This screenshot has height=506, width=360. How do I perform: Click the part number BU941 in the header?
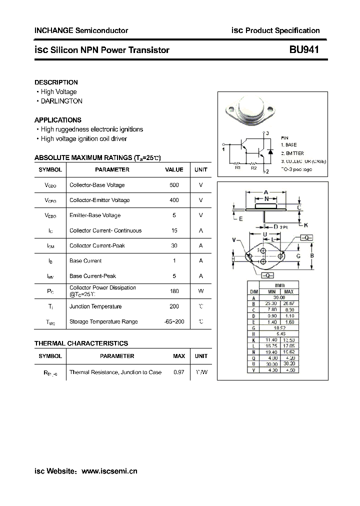(x=304, y=50)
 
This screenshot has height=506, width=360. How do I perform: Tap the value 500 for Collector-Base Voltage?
(x=174, y=185)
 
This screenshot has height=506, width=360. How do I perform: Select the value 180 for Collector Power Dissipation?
(x=174, y=291)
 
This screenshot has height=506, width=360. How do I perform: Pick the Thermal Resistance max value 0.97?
(x=178, y=372)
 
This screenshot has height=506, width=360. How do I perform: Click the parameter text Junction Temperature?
(x=95, y=306)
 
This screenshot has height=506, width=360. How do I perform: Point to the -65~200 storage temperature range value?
(x=174, y=321)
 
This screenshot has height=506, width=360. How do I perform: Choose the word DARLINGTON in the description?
(x=61, y=101)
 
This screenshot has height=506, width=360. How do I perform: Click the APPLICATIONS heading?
(x=57, y=120)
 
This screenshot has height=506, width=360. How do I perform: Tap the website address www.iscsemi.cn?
(x=109, y=471)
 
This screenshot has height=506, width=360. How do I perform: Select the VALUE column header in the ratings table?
(x=174, y=169)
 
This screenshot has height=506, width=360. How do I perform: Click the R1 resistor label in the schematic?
(x=238, y=168)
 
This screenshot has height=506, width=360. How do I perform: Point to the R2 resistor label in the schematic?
(x=254, y=168)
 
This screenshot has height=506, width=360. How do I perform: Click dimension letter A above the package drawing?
(x=266, y=192)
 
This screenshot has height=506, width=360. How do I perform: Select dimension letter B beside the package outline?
(x=312, y=255)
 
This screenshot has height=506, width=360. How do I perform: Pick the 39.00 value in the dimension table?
(x=280, y=297)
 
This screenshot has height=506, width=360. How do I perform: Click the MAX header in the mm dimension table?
(x=289, y=291)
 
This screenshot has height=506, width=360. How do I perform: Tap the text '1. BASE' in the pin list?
(x=288, y=144)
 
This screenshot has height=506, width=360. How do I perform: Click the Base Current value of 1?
(x=174, y=261)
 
